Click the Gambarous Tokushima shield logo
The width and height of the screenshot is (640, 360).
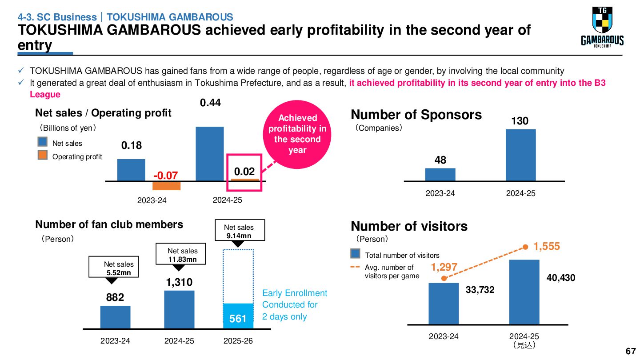pos(602,27)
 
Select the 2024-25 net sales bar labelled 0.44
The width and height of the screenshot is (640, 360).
pos(210,154)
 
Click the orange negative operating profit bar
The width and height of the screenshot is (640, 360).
pos(166,186)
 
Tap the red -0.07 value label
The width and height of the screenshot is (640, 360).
pos(166,175)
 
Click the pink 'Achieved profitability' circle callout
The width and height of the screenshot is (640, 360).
pos(297,134)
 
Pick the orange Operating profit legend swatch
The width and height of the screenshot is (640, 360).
pos(43,155)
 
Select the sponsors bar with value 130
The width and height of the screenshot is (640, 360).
pos(520,155)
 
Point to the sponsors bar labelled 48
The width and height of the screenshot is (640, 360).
pos(440,174)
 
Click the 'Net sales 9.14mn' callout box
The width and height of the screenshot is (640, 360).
pos(240,230)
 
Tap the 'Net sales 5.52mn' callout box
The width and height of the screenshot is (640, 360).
pos(114,267)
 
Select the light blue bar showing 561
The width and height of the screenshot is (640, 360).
pos(238,316)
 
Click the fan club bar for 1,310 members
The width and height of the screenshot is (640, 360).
pos(179,310)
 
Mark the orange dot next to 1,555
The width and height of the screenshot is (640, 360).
pos(525,247)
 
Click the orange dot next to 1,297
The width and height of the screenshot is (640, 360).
pos(444,278)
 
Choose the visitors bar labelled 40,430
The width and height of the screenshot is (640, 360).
pos(524,292)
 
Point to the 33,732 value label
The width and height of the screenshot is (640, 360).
pos(480,290)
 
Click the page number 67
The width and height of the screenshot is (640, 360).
pos(631,351)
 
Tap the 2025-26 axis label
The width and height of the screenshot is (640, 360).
pos(238,341)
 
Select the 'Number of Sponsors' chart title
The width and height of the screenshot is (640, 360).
pos(416,115)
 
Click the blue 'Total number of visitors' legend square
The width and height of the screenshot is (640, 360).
pos(355,253)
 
